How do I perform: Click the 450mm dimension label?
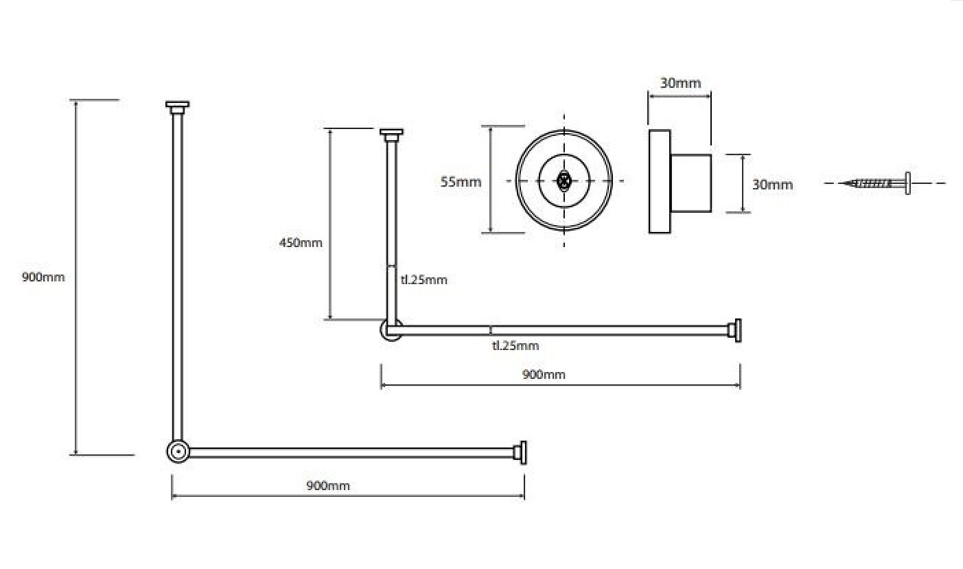click(x=301, y=243)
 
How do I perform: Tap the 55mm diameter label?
click(x=461, y=182)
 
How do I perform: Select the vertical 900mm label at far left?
click(x=43, y=277)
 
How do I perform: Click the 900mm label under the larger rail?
click(x=328, y=486)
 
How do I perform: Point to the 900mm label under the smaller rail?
click(x=544, y=374)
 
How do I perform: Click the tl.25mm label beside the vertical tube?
click(x=424, y=280)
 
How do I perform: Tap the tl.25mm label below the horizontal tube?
click(x=515, y=345)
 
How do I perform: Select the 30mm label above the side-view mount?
click(x=680, y=83)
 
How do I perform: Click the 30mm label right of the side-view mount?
click(x=772, y=185)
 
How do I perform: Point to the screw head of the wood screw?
click(x=907, y=183)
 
